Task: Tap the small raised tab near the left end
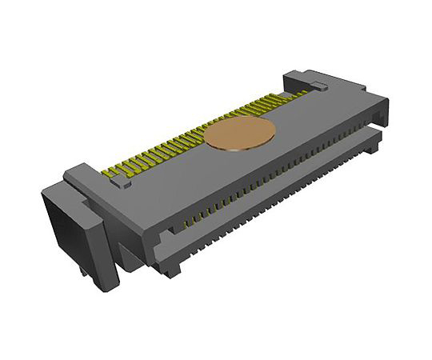pos(122,184)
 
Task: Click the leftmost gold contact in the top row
pos(110,170)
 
